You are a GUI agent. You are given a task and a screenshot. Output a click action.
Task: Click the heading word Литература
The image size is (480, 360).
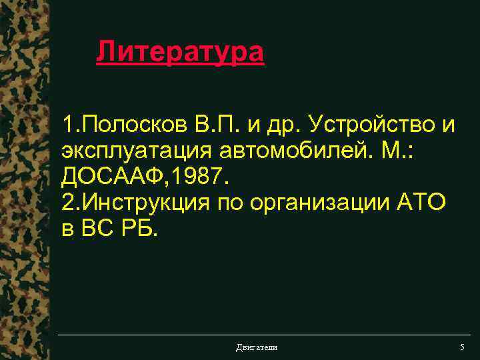click(180, 51)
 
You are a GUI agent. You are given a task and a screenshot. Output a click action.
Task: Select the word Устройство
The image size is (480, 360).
click(372, 124)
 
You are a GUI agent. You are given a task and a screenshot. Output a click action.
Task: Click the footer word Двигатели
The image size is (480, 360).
click(257, 347)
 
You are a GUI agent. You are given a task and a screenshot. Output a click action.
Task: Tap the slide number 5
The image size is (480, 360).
click(461, 347)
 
